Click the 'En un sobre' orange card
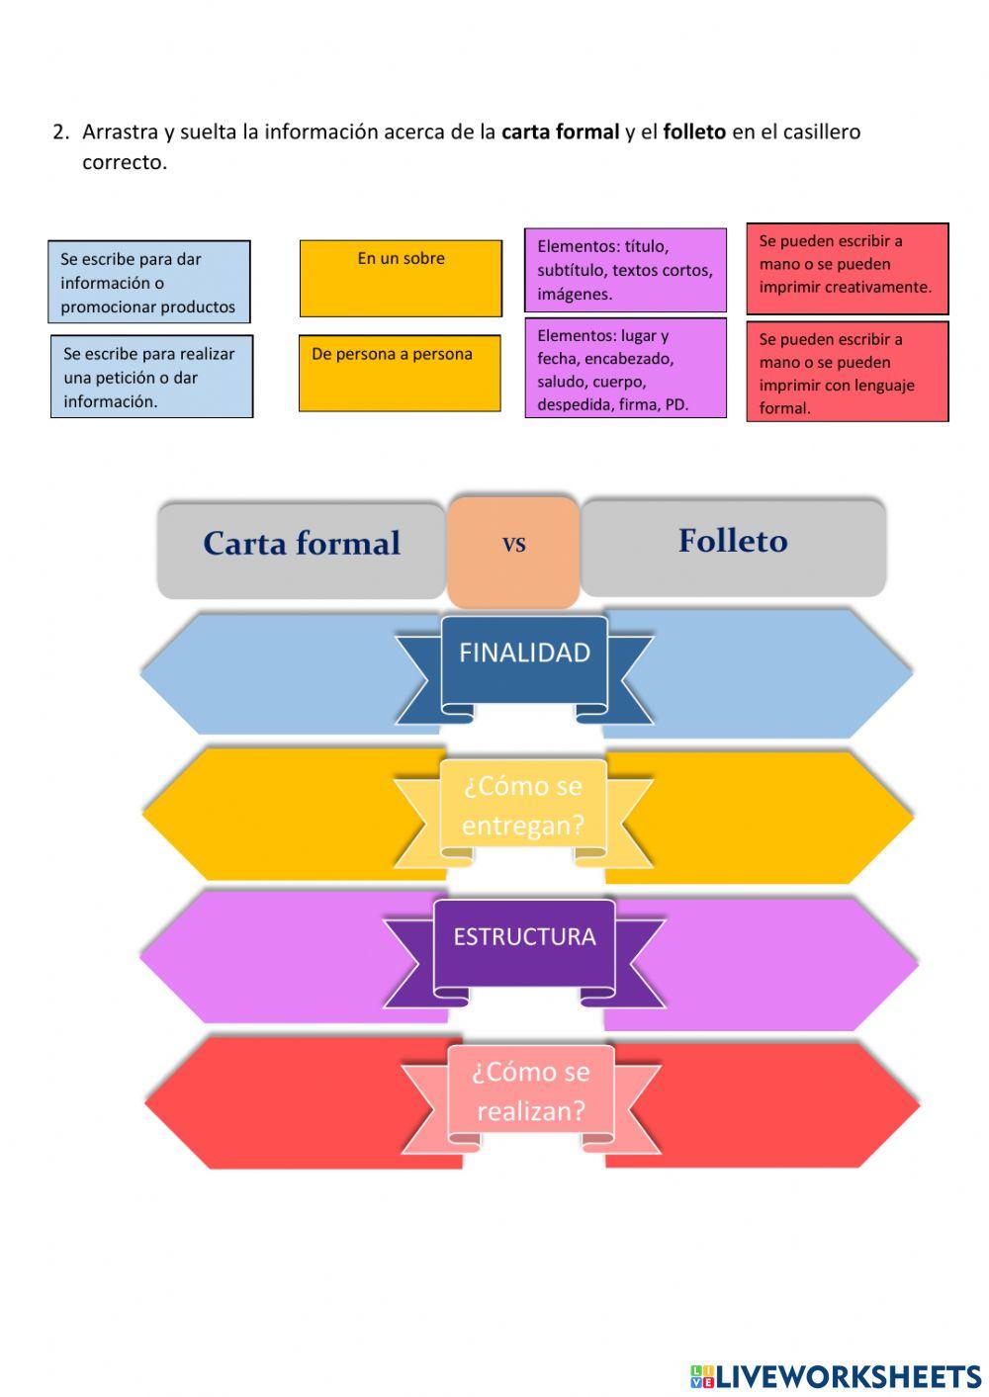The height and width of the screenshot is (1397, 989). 401,278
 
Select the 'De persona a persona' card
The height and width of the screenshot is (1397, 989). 400,373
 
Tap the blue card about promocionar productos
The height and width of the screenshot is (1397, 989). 149,282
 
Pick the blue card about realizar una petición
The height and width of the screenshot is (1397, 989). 151,377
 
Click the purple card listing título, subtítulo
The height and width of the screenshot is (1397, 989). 625,270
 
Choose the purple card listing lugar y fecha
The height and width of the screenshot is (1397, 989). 625,369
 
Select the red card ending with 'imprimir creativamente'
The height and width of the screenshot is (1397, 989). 847,269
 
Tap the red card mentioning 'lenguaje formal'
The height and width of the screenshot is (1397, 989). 847,372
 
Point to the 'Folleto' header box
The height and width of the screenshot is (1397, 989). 733,547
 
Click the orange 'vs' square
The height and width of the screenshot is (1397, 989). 513,551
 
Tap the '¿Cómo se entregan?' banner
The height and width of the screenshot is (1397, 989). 523,806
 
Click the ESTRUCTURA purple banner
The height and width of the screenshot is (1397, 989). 524,942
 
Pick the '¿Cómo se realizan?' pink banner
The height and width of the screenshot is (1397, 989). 530,1091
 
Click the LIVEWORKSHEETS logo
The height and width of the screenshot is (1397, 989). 836,1375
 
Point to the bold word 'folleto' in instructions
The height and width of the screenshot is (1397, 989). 694,131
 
